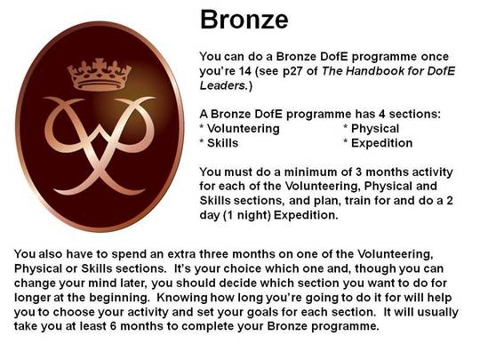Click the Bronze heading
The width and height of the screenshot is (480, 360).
click(x=244, y=20)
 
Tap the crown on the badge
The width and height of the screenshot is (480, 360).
click(x=100, y=75)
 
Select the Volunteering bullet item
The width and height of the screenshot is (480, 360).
click(x=239, y=129)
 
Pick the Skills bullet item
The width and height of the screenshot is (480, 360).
click(x=219, y=143)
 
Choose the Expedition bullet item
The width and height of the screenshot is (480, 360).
click(x=378, y=143)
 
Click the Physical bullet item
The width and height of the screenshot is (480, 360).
click(x=372, y=129)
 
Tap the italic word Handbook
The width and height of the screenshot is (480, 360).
click(x=374, y=71)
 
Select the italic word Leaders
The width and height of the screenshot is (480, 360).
click(x=223, y=85)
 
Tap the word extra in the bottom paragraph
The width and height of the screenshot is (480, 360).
click(x=182, y=254)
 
